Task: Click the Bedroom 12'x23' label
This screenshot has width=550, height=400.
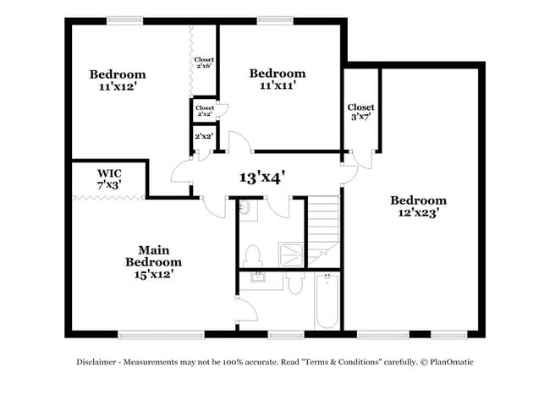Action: [418, 206]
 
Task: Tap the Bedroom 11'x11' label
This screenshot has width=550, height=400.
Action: [278, 79]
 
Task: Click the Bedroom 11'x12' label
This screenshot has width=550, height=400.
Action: [118, 80]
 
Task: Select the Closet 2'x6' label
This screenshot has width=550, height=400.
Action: [204, 65]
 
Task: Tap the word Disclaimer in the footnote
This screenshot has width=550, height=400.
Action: [96, 362]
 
